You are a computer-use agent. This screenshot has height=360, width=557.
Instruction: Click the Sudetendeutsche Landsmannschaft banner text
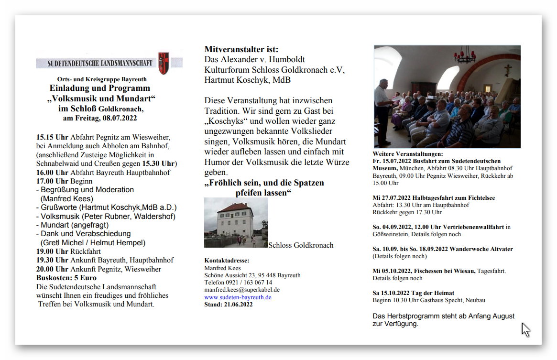100,63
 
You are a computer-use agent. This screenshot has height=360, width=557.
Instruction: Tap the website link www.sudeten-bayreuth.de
238,297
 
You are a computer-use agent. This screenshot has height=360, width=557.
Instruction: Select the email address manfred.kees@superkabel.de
242,290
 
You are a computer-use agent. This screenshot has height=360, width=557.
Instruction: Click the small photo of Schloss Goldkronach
236,223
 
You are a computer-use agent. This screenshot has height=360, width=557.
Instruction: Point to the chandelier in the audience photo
464,55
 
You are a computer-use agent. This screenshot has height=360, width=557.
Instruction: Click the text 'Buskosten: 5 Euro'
66,278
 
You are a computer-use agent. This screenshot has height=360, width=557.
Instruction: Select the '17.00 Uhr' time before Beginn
52,181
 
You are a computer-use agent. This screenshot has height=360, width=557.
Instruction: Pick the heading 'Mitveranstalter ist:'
241,49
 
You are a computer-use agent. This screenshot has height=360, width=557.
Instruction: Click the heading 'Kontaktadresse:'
227,261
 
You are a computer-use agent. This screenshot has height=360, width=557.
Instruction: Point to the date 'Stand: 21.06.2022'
229,304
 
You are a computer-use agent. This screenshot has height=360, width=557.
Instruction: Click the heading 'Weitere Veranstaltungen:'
407,154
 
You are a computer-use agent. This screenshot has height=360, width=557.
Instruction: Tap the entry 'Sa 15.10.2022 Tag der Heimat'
413,293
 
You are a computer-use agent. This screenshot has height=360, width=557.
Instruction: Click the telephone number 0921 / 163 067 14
245,283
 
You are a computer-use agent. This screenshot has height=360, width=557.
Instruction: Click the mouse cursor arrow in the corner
525,329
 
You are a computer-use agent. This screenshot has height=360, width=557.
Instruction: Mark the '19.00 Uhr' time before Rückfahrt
52,251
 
